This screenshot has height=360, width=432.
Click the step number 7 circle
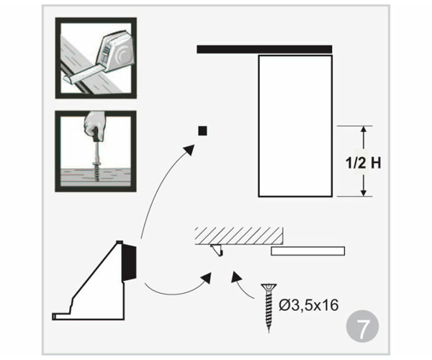362,326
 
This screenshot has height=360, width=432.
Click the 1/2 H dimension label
364,163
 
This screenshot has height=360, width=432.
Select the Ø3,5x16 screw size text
309,305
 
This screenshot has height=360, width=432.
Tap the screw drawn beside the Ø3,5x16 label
269,307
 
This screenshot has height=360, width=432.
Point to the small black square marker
202,130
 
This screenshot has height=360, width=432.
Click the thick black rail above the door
264,49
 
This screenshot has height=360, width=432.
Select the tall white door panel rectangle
295,126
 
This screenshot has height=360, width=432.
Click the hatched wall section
239,235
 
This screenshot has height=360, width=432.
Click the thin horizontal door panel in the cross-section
307,251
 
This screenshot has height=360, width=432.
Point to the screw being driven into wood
96,171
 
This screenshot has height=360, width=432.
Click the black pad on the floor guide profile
129,263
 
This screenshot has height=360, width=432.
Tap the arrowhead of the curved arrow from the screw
236,276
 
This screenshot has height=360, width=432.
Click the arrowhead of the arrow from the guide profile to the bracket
207,278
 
